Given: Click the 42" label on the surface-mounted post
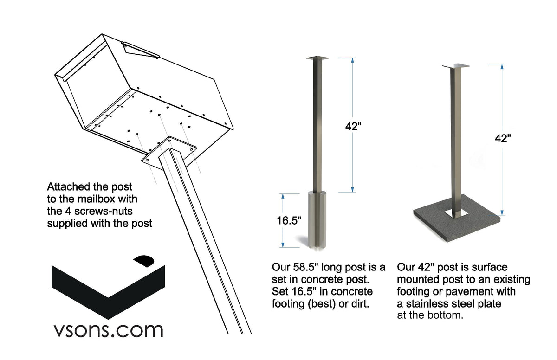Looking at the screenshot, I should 503,138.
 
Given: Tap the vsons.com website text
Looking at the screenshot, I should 107,330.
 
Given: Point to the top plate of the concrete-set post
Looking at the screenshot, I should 317,58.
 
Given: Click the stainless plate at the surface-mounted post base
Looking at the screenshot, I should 454,213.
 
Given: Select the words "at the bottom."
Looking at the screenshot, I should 430,316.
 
